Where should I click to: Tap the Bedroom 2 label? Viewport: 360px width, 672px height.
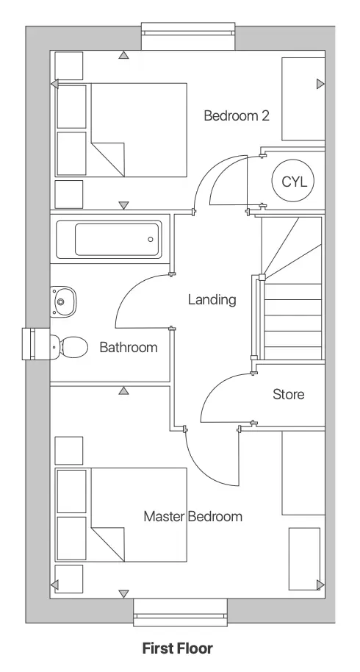tap(237, 115)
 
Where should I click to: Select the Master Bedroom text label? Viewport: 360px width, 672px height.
tap(192, 516)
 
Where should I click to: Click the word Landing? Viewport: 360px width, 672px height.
tap(212, 299)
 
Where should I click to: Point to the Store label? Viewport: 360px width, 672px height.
tap(288, 394)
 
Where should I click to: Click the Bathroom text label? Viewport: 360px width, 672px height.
tap(129, 347)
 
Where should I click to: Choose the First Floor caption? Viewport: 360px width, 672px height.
tap(177, 648)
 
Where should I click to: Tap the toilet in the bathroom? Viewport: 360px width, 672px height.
tap(68, 346)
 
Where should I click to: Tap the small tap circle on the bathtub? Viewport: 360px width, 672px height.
tap(151, 239)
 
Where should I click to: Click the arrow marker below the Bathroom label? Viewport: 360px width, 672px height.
tap(123, 390)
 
